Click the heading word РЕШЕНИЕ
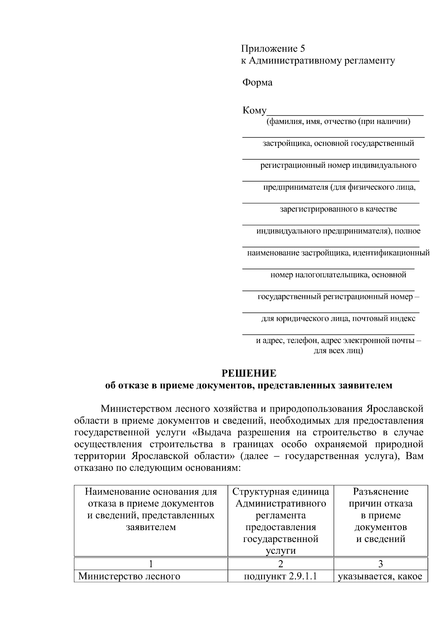(249, 373)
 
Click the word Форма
(257, 82)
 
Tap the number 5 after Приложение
(303, 49)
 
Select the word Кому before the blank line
(254, 111)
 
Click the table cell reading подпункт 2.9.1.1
(280, 577)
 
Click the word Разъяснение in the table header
(380, 492)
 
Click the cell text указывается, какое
(380, 577)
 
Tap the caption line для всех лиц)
(338, 350)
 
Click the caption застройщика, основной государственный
(338, 144)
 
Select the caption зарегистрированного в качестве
(338, 209)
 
